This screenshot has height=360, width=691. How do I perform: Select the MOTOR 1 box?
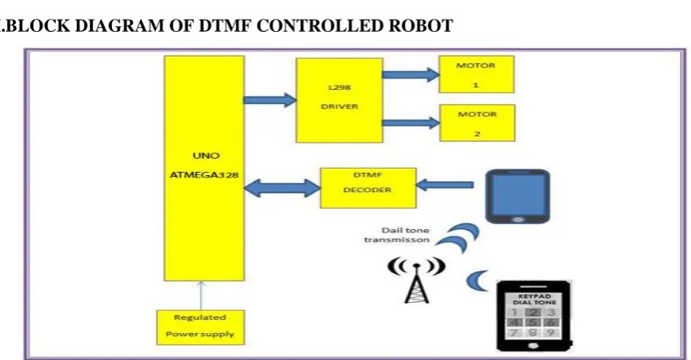[x=477, y=74]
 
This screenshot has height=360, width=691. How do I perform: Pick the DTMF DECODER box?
[x=367, y=187]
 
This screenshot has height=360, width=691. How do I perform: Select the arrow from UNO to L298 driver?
[x=271, y=101]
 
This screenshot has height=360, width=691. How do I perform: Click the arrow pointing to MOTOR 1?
[x=411, y=75]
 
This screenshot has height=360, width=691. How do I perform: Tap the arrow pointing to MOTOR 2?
[x=411, y=124]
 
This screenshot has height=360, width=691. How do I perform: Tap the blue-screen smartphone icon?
[x=518, y=196]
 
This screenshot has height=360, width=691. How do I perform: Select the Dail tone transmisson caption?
[x=397, y=235]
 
